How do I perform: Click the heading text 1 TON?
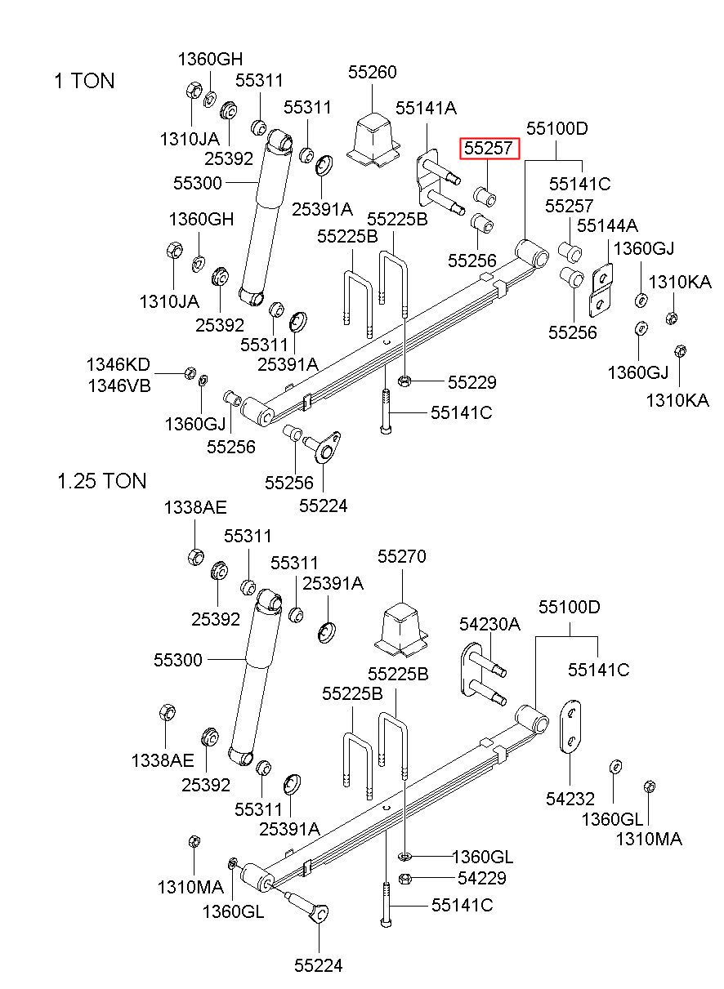point(84,81)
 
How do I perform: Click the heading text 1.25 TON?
point(102,481)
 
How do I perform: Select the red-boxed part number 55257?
point(489,148)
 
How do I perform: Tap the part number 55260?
point(373,72)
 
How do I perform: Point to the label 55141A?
point(426,108)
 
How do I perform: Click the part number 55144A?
point(607,225)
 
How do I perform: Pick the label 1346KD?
point(118,365)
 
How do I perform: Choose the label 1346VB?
point(119,385)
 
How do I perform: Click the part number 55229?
point(472,382)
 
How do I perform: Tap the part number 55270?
point(401,556)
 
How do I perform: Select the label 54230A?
point(489,624)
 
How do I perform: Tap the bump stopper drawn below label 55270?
point(401,628)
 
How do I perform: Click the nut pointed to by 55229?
point(404,380)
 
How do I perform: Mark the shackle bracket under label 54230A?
point(483,673)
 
